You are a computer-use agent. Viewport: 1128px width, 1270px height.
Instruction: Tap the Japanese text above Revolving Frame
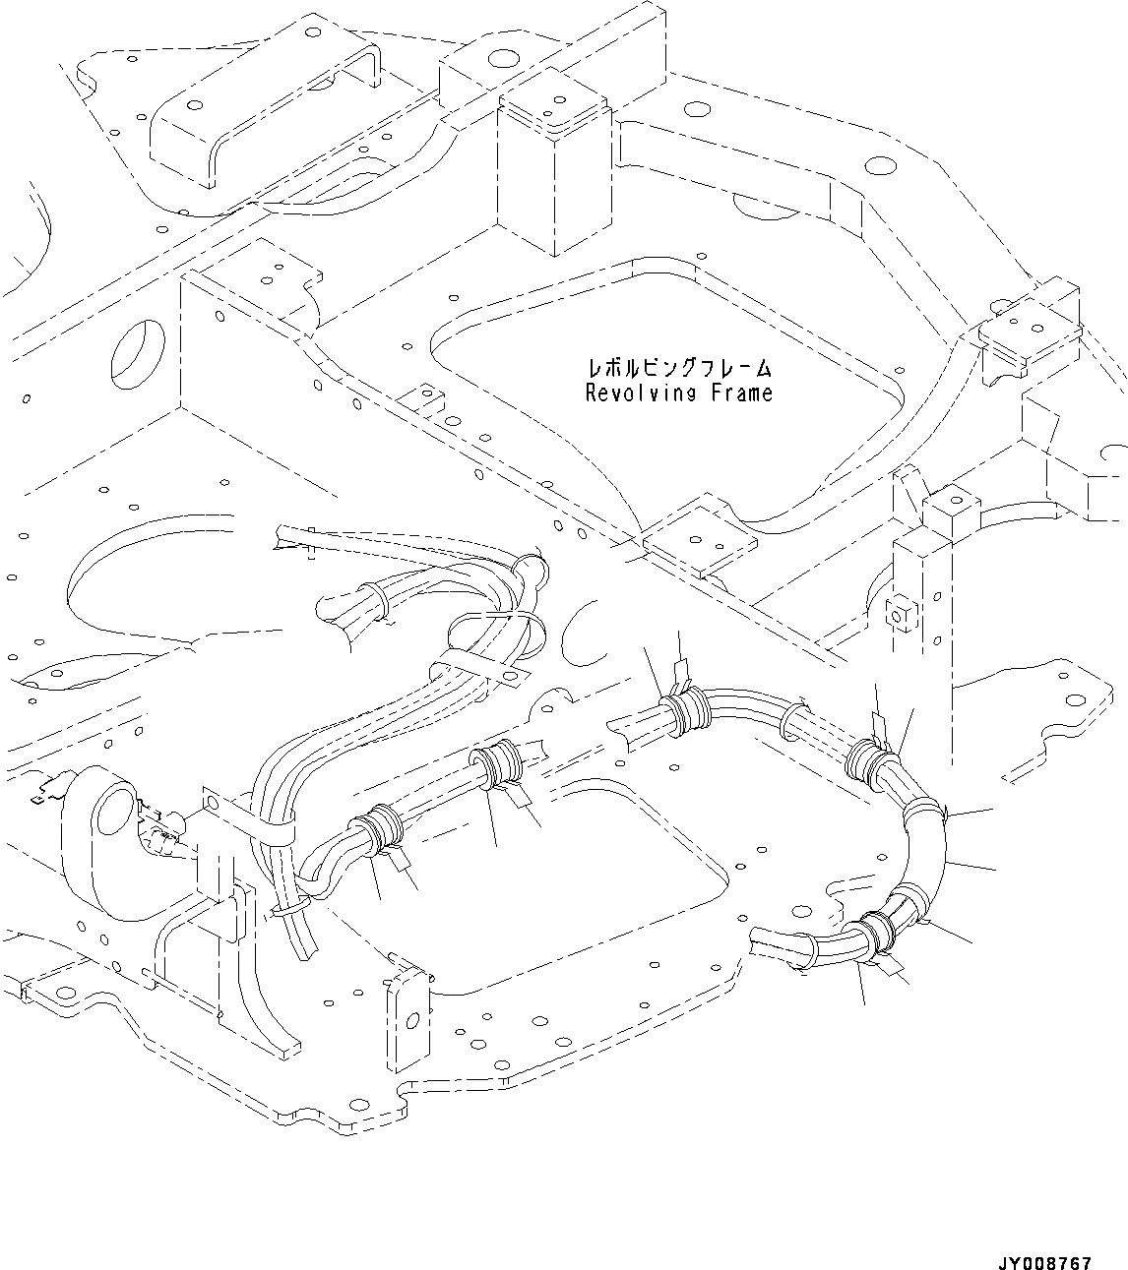click(679, 369)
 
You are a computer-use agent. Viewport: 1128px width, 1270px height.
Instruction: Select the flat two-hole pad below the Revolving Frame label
click(701, 547)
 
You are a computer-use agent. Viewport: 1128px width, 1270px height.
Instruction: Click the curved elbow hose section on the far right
click(925, 846)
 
